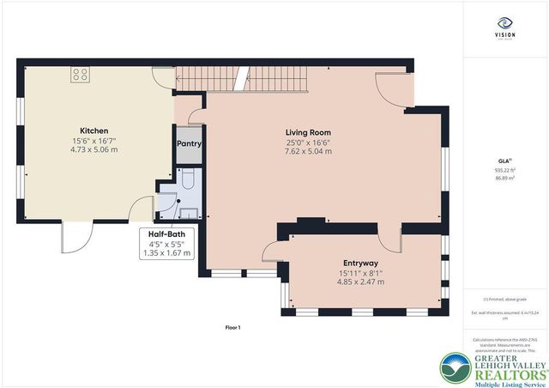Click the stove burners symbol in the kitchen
81,74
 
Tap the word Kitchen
94,130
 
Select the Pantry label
189,144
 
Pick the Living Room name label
308,131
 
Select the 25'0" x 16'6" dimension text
308,142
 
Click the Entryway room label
359,263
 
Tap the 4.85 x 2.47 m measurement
359,282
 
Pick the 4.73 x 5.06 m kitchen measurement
94,150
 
